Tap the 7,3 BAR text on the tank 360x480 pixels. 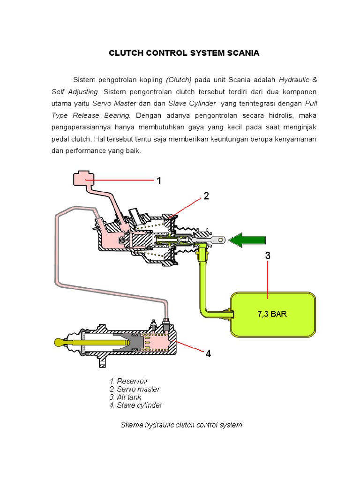pos(272,314)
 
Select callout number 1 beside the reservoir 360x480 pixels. pos(159,180)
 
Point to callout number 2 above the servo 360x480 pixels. pos(206,196)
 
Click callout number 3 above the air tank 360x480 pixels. pos(268,256)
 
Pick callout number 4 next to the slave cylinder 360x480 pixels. pos(208,353)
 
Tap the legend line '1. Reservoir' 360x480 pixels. pos(128,381)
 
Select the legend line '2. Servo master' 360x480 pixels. pos(135,389)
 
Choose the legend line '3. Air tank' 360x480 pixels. pos(125,397)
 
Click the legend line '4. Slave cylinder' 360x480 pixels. pos(136,405)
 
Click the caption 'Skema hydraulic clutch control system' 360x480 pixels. pos(181,425)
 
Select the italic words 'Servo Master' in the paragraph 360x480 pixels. pos(111,103)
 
